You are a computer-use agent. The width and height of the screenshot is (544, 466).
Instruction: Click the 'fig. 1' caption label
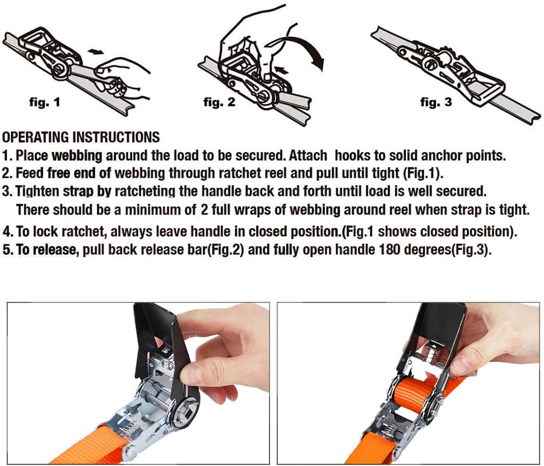44,102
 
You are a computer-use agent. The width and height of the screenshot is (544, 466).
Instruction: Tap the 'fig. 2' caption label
219,102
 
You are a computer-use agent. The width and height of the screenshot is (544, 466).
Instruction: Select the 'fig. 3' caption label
436,102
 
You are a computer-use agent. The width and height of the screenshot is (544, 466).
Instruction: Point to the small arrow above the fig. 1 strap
95,52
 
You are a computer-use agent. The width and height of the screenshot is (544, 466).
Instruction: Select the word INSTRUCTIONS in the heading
116,137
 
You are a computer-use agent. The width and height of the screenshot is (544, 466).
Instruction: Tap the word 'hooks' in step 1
352,155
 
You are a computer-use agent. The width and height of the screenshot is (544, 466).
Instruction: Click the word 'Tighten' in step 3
38,191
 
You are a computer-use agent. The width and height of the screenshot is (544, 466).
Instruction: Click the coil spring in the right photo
389,432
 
